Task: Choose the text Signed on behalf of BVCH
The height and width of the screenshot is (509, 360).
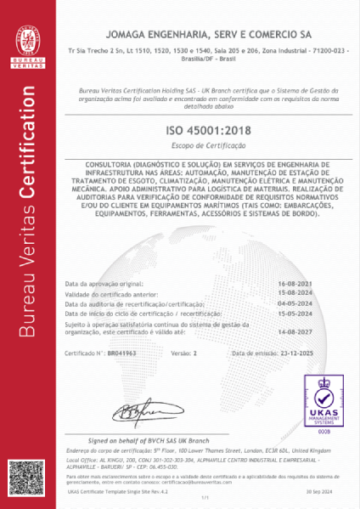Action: pos(141,440)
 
